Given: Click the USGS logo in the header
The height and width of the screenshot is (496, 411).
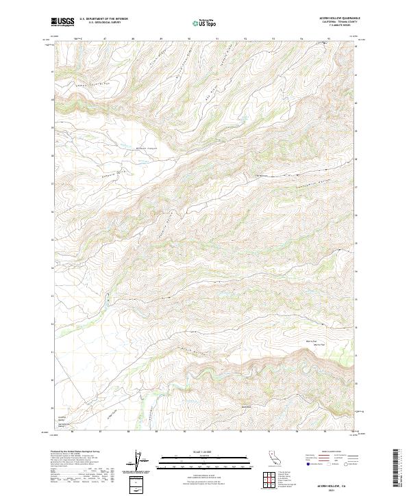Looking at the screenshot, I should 63,22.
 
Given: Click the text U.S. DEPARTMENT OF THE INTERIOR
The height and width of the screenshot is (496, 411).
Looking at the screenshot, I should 103,20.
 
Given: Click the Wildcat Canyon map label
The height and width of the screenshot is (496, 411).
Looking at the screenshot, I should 147,147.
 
